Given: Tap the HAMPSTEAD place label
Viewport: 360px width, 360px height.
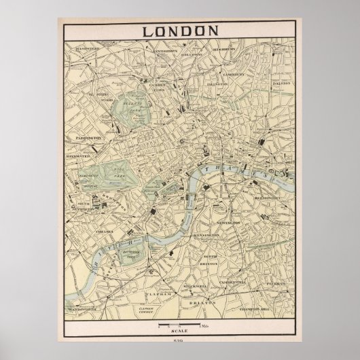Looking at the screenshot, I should pyautogui.click(x=88, y=49).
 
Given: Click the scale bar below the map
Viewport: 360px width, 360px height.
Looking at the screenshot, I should pyautogui.click(x=179, y=326).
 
